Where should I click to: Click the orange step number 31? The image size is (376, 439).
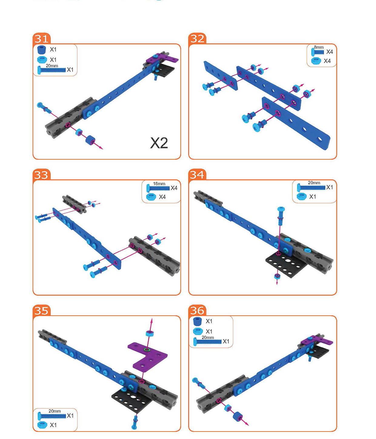42,39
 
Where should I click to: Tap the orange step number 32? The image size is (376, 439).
197,39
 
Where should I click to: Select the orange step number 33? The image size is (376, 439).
41,175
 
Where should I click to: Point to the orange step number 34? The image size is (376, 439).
197,175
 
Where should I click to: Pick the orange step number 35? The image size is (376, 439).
41,311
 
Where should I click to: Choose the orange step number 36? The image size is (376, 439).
197,311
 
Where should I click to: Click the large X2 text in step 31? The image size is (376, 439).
159,143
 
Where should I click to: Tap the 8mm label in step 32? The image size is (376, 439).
319,47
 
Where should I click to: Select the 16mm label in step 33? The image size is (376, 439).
159,183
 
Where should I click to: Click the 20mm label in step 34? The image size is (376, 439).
314,183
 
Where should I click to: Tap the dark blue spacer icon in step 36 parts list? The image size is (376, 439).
197,321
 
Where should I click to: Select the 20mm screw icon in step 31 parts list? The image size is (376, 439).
52,70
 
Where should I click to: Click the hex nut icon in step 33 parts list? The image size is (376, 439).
151,197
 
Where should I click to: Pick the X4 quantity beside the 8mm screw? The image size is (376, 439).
329,51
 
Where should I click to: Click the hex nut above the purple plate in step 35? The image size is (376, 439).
150,333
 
